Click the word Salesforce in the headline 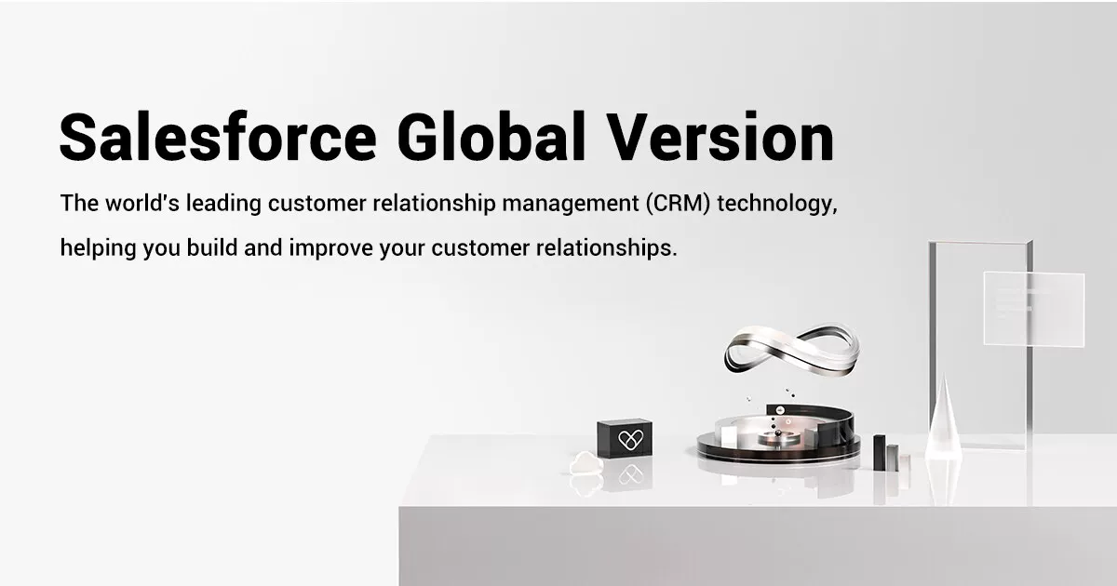[218, 138]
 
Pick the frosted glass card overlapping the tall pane [1033, 308]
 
